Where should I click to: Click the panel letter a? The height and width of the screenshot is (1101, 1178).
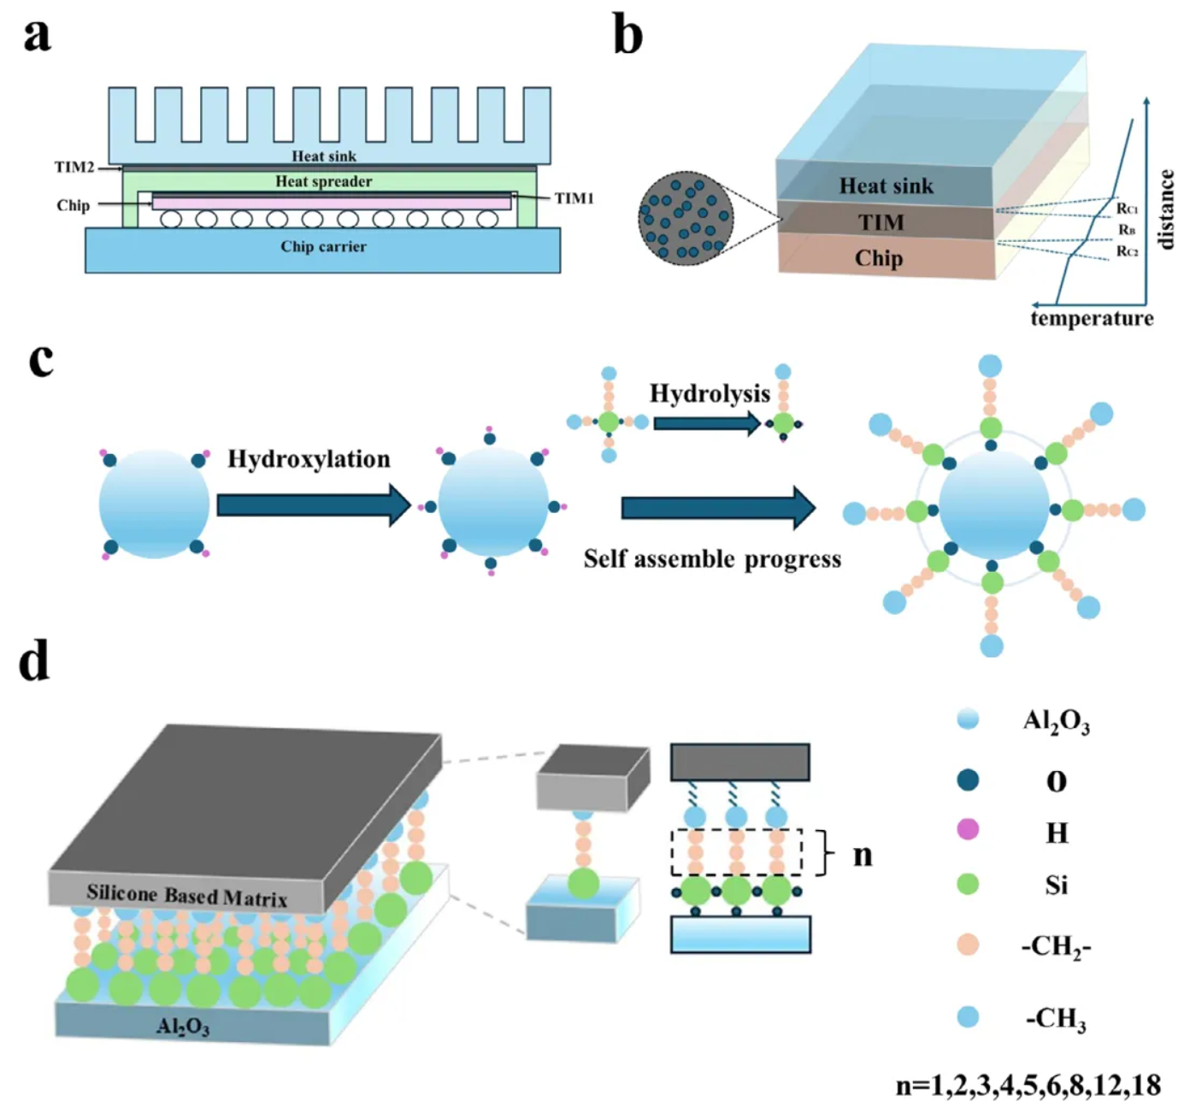(x=37, y=36)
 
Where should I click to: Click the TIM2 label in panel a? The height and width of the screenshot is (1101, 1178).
(x=74, y=168)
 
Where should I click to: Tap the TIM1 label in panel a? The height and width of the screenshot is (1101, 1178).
(x=574, y=198)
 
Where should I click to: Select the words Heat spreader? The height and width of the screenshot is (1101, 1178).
(x=323, y=181)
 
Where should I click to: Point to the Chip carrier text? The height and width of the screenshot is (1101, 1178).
(x=323, y=246)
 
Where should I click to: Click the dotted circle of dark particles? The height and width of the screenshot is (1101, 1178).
(x=686, y=218)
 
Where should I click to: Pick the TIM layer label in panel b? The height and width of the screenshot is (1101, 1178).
(x=881, y=223)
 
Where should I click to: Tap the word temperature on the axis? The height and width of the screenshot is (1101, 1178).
(x=1092, y=319)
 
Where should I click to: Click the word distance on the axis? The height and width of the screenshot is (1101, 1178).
(x=1165, y=209)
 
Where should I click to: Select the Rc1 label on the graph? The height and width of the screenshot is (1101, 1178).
(x=1127, y=209)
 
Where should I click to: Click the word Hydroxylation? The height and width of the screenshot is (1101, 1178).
(x=309, y=459)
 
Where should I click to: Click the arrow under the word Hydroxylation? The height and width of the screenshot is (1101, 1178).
(x=314, y=504)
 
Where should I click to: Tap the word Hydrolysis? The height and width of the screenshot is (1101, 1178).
(x=710, y=393)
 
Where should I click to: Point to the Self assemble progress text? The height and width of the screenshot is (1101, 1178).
(x=712, y=559)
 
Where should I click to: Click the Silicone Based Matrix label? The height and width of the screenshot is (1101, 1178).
(x=186, y=895)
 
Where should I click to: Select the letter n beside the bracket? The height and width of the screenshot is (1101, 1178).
(x=863, y=854)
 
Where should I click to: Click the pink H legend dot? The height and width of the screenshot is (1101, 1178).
(x=968, y=829)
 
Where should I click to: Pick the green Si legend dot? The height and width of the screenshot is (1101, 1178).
(x=968, y=884)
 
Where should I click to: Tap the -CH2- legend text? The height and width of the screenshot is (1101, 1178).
(x=1056, y=946)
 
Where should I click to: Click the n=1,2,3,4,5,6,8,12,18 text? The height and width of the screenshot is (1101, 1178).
(x=1028, y=1086)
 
